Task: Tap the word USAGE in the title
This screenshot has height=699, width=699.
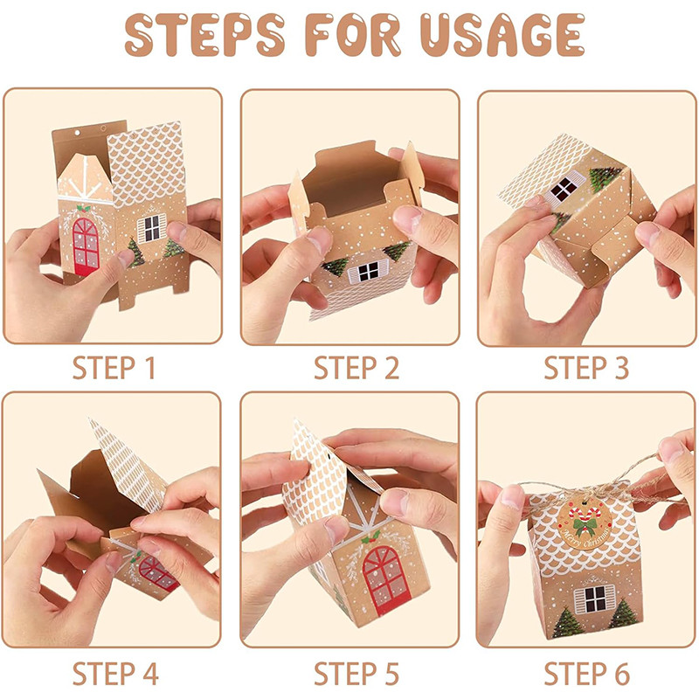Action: [x=502, y=35]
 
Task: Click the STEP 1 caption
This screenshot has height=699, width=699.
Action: [x=114, y=368]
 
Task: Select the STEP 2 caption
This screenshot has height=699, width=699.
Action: [x=356, y=368]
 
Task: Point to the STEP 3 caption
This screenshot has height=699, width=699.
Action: [x=586, y=368]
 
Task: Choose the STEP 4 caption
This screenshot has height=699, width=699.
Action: [x=115, y=673]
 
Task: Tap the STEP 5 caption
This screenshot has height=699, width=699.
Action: [x=356, y=673]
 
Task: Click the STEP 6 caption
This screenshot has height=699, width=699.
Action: [x=586, y=673]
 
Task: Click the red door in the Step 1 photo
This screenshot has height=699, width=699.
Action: [x=86, y=246]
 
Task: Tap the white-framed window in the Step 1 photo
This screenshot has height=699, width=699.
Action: [x=151, y=228]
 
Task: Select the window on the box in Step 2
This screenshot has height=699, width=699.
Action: [x=368, y=271]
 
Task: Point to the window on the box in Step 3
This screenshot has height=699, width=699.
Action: [x=564, y=187]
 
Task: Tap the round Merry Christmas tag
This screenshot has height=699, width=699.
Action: [x=584, y=524]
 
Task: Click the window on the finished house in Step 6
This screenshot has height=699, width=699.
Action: [x=595, y=599]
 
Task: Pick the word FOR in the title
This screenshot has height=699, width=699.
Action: [x=353, y=35]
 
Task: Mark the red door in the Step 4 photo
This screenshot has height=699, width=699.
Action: [x=157, y=573]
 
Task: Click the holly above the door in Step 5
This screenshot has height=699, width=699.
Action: [x=370, y=537]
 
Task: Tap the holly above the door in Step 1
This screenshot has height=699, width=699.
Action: [x=83, y=208]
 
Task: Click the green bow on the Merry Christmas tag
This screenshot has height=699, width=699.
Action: [x=584, y=528]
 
